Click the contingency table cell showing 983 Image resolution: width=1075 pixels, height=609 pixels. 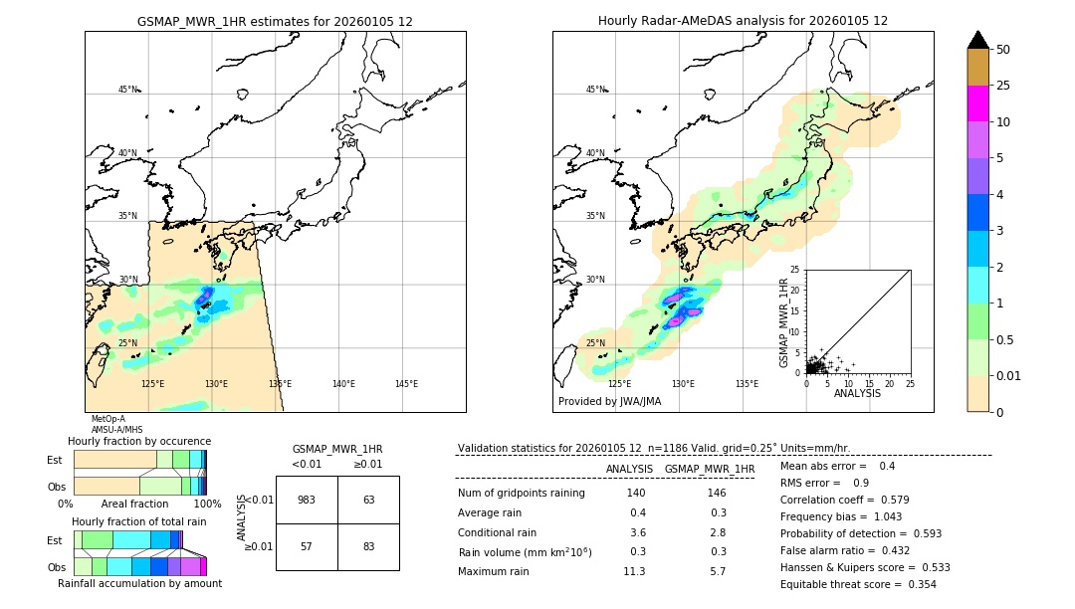307,500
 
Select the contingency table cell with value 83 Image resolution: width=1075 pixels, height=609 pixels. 368,546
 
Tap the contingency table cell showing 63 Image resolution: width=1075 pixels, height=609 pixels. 368,500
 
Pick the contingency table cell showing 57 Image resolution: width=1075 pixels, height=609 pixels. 307,546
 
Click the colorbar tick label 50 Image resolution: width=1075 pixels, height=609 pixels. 1003,50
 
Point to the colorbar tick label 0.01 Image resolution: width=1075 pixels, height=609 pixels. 1009,375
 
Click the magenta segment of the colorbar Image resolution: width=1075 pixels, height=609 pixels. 977,103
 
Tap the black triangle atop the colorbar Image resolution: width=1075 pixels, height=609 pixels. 977,40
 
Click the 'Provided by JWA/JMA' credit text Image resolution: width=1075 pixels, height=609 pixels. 609,402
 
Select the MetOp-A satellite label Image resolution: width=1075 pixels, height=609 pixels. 108,419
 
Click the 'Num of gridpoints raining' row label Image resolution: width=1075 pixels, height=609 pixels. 521,494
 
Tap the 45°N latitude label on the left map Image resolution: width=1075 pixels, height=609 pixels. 128,90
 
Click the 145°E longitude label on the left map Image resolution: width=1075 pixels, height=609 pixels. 406,384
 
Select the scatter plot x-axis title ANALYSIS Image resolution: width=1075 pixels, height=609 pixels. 858,393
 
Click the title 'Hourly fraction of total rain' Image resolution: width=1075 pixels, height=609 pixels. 139,521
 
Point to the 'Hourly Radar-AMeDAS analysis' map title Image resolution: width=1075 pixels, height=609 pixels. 743,21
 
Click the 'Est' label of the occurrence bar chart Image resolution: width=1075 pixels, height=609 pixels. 55,460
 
